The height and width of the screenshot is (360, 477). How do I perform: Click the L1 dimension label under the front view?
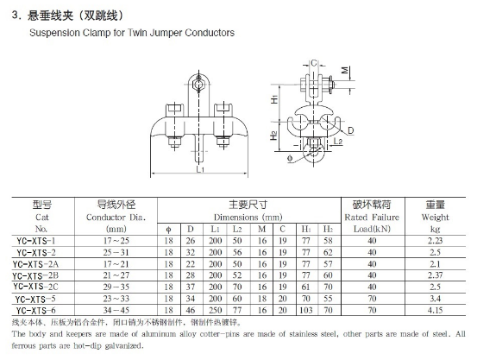200,169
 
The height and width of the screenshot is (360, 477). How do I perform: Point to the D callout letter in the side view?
350,130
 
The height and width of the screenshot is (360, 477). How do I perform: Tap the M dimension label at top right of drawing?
345,70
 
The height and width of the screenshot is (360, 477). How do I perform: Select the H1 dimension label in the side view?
274,99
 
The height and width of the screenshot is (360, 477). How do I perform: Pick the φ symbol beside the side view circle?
290,158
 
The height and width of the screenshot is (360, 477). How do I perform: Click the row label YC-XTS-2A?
35,264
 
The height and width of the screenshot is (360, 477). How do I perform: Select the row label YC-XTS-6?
36,310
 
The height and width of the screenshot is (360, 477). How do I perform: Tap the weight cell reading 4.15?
435,310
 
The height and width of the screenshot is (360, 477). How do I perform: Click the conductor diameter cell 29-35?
116,287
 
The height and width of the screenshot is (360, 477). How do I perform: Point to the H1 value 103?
306,310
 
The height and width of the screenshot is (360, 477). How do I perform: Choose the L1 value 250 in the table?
215,310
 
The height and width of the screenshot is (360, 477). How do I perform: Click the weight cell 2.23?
435,241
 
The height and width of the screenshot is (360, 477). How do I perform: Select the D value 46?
191,310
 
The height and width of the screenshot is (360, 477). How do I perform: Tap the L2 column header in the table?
237,229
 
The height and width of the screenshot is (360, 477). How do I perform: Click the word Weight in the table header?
435,218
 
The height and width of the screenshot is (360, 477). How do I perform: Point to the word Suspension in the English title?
54,33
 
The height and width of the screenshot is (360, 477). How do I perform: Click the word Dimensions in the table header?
236,218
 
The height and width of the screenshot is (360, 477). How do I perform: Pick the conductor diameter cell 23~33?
116,299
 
